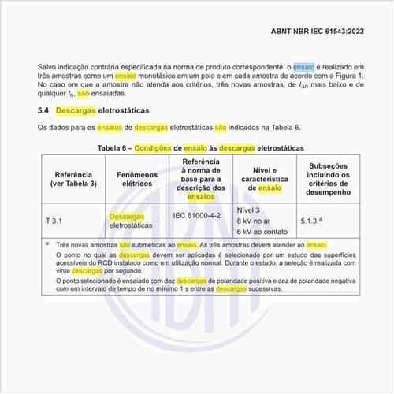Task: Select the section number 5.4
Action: pyautogui.click(x=44, y=110)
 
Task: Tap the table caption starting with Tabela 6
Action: pyautogui.click(x=196, y=147)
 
